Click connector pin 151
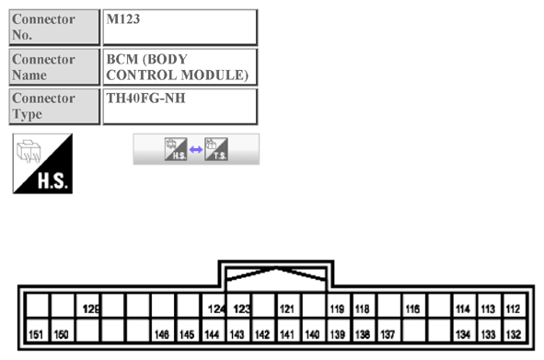[x=37, y=332]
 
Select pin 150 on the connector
[x=62, y=332]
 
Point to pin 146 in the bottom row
[x=162, y=332]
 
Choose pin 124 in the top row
[x=216, y=309]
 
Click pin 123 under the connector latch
[x=241, y=309]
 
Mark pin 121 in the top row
[x=287, y=309]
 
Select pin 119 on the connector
[x=337, y=309]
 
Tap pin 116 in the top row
[x=412, y=309]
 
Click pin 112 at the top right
[x=513, y=309]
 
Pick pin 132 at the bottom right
[x=513, y=332]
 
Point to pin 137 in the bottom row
[x=388, y=332]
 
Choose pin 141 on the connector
[x=287, y=332]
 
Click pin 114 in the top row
[x=463, y=309]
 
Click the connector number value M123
[x=179, y=27]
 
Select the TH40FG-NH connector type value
[x=179, y=106]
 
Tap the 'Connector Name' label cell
[x=54, y=66]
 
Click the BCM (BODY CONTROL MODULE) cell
[x=179, y=66]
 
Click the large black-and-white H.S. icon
[x=42, y=163]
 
